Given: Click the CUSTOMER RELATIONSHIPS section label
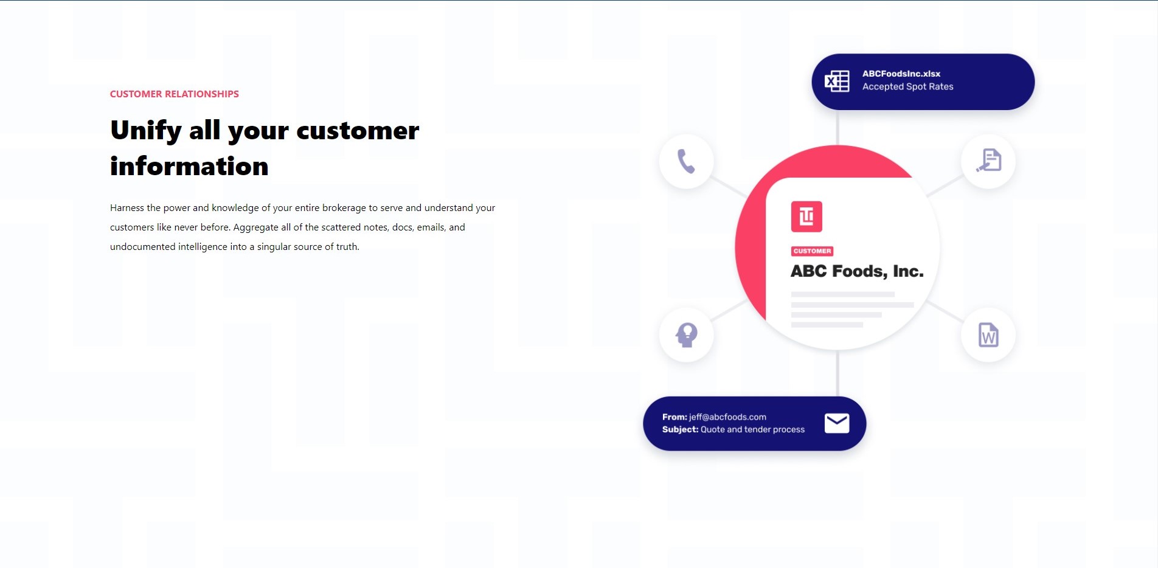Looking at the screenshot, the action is pos(174,94).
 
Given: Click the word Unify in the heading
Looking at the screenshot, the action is pos(146,131).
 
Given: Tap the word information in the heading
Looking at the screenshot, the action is pos(189,166).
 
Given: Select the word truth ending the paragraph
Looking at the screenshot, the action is pos(347,246).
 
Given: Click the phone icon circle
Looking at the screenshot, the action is pos(687,161).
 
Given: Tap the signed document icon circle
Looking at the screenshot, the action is pos(988,161).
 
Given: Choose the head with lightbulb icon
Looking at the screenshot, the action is pos(687,334).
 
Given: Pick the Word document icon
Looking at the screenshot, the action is pos(988,335).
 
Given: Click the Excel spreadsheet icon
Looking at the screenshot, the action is pos(837,81).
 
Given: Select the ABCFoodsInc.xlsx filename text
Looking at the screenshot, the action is pos(901,74).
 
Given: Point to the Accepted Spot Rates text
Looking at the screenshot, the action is pos(908,86).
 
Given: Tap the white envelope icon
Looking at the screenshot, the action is pos(837,423).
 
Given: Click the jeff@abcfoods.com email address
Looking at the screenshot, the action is pos(727,417).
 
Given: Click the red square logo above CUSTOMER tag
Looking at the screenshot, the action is pos(806,216).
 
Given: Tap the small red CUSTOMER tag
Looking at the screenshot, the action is pos(812,251).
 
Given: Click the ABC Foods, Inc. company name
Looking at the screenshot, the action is pos(857,271).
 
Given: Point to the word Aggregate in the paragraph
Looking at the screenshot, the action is pos(256,227).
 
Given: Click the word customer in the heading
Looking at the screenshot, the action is pos(358,131).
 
